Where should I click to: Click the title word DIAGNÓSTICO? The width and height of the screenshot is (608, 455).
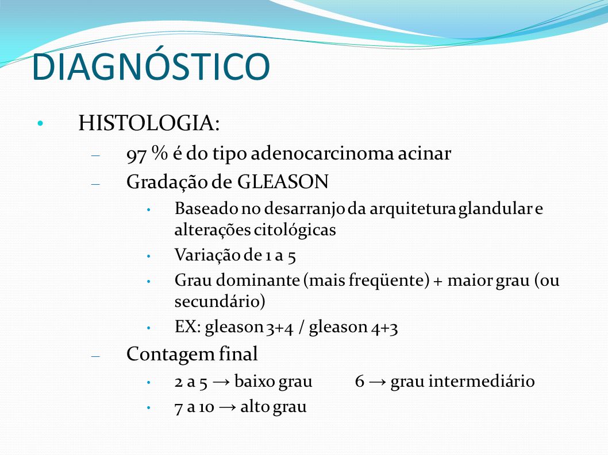[x=151, y=66]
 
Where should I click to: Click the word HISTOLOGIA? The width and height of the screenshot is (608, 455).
[x=146, y=123]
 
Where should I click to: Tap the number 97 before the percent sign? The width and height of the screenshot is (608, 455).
[x=136, y=154]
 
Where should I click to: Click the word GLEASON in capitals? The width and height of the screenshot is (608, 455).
[x=283, y=182]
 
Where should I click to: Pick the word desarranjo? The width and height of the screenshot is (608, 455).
[x=305, y=209]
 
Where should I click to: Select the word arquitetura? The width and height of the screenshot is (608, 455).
[x=413, y=209]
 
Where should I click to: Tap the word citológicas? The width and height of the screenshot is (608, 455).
[x=295, y=230]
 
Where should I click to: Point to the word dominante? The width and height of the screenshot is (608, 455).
[x=257, y=280]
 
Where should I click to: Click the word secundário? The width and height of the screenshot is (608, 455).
[x=220, y=301]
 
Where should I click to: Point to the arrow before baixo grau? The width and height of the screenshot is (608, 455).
[x=221, y=382]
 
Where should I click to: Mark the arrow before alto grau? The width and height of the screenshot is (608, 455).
[x=227, y=407]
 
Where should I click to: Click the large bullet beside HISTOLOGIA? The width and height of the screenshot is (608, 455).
[x=40, y=123]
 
